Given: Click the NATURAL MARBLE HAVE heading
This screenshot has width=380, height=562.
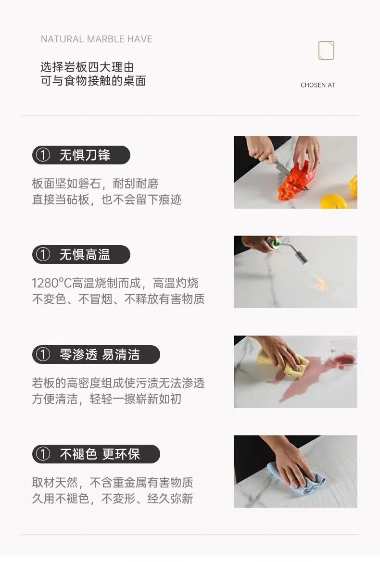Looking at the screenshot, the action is pyautogui.click(x=96, y=39).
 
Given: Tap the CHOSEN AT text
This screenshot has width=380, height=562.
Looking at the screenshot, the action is pyautogui.click(x=318, y=85).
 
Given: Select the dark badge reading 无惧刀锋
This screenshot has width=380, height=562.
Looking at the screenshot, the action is pyautogui.click(x=81, y=155).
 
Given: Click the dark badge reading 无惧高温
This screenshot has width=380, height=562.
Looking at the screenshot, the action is pyautogui.click(x=81, y=255).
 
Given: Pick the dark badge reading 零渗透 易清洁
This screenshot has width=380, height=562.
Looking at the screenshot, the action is pyautogui.click(x=96, y=354).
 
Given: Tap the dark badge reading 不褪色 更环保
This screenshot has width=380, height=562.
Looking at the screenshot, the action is pyautogui.click(x=96, y=454).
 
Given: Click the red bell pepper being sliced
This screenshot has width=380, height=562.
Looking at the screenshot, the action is pyautogui.click(x=296, y=181).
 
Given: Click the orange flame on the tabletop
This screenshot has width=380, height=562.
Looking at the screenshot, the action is pyautogui.click(x=320, y=284).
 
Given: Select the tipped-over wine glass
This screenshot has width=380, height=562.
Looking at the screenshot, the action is pyautogui.click(x=343, y=353).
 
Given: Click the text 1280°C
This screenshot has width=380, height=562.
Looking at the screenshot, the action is pyautogui.click(x=52, y=283).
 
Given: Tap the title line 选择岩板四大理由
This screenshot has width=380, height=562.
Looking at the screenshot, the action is pyautogui.click(x=87, y=67).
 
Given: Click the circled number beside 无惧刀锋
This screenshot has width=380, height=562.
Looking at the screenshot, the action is pyautogui.click(x=43, y=155).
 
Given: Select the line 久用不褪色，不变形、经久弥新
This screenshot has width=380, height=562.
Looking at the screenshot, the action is pyautogui.click(x=113, y=498).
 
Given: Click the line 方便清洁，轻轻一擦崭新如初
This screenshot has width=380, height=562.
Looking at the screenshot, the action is pyautogui.click(x=107, y=399).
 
